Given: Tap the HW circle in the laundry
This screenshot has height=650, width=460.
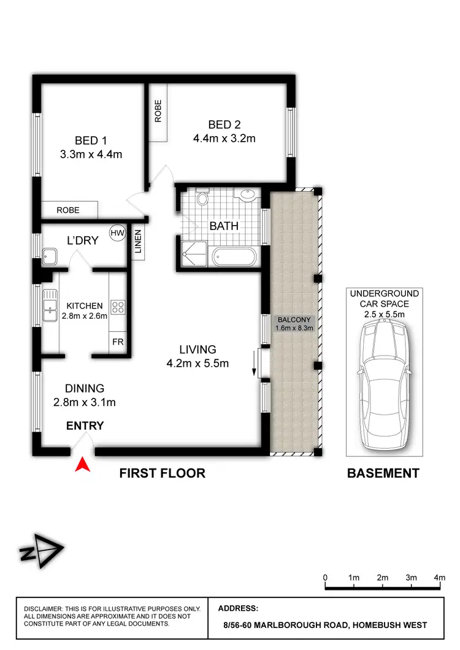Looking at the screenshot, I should point(117,232).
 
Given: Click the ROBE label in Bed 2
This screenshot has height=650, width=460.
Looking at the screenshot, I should point(158,111).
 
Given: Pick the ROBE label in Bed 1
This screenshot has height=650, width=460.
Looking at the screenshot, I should point(68,210).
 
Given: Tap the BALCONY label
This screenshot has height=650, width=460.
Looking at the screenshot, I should point(295,320).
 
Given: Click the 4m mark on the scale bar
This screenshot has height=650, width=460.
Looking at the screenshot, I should point(440,578).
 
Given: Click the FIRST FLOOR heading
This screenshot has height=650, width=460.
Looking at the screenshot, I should point(162,473).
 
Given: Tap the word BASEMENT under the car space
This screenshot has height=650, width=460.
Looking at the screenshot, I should point(383,473).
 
